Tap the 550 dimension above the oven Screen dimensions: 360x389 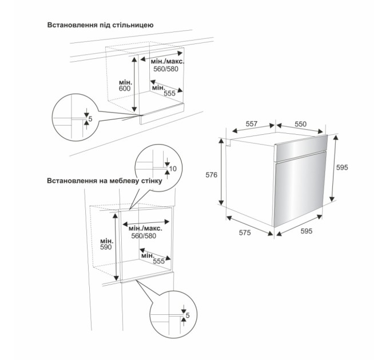pos(301,123)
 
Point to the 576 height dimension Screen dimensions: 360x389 pos(211,175)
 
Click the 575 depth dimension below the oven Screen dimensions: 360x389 pos(245,233)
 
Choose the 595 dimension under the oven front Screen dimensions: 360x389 pos(305,231)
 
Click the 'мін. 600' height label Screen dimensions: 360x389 pos(125,85)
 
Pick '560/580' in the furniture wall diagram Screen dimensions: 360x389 pos(144,235)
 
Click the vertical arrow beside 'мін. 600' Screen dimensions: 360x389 pos(134,84)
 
